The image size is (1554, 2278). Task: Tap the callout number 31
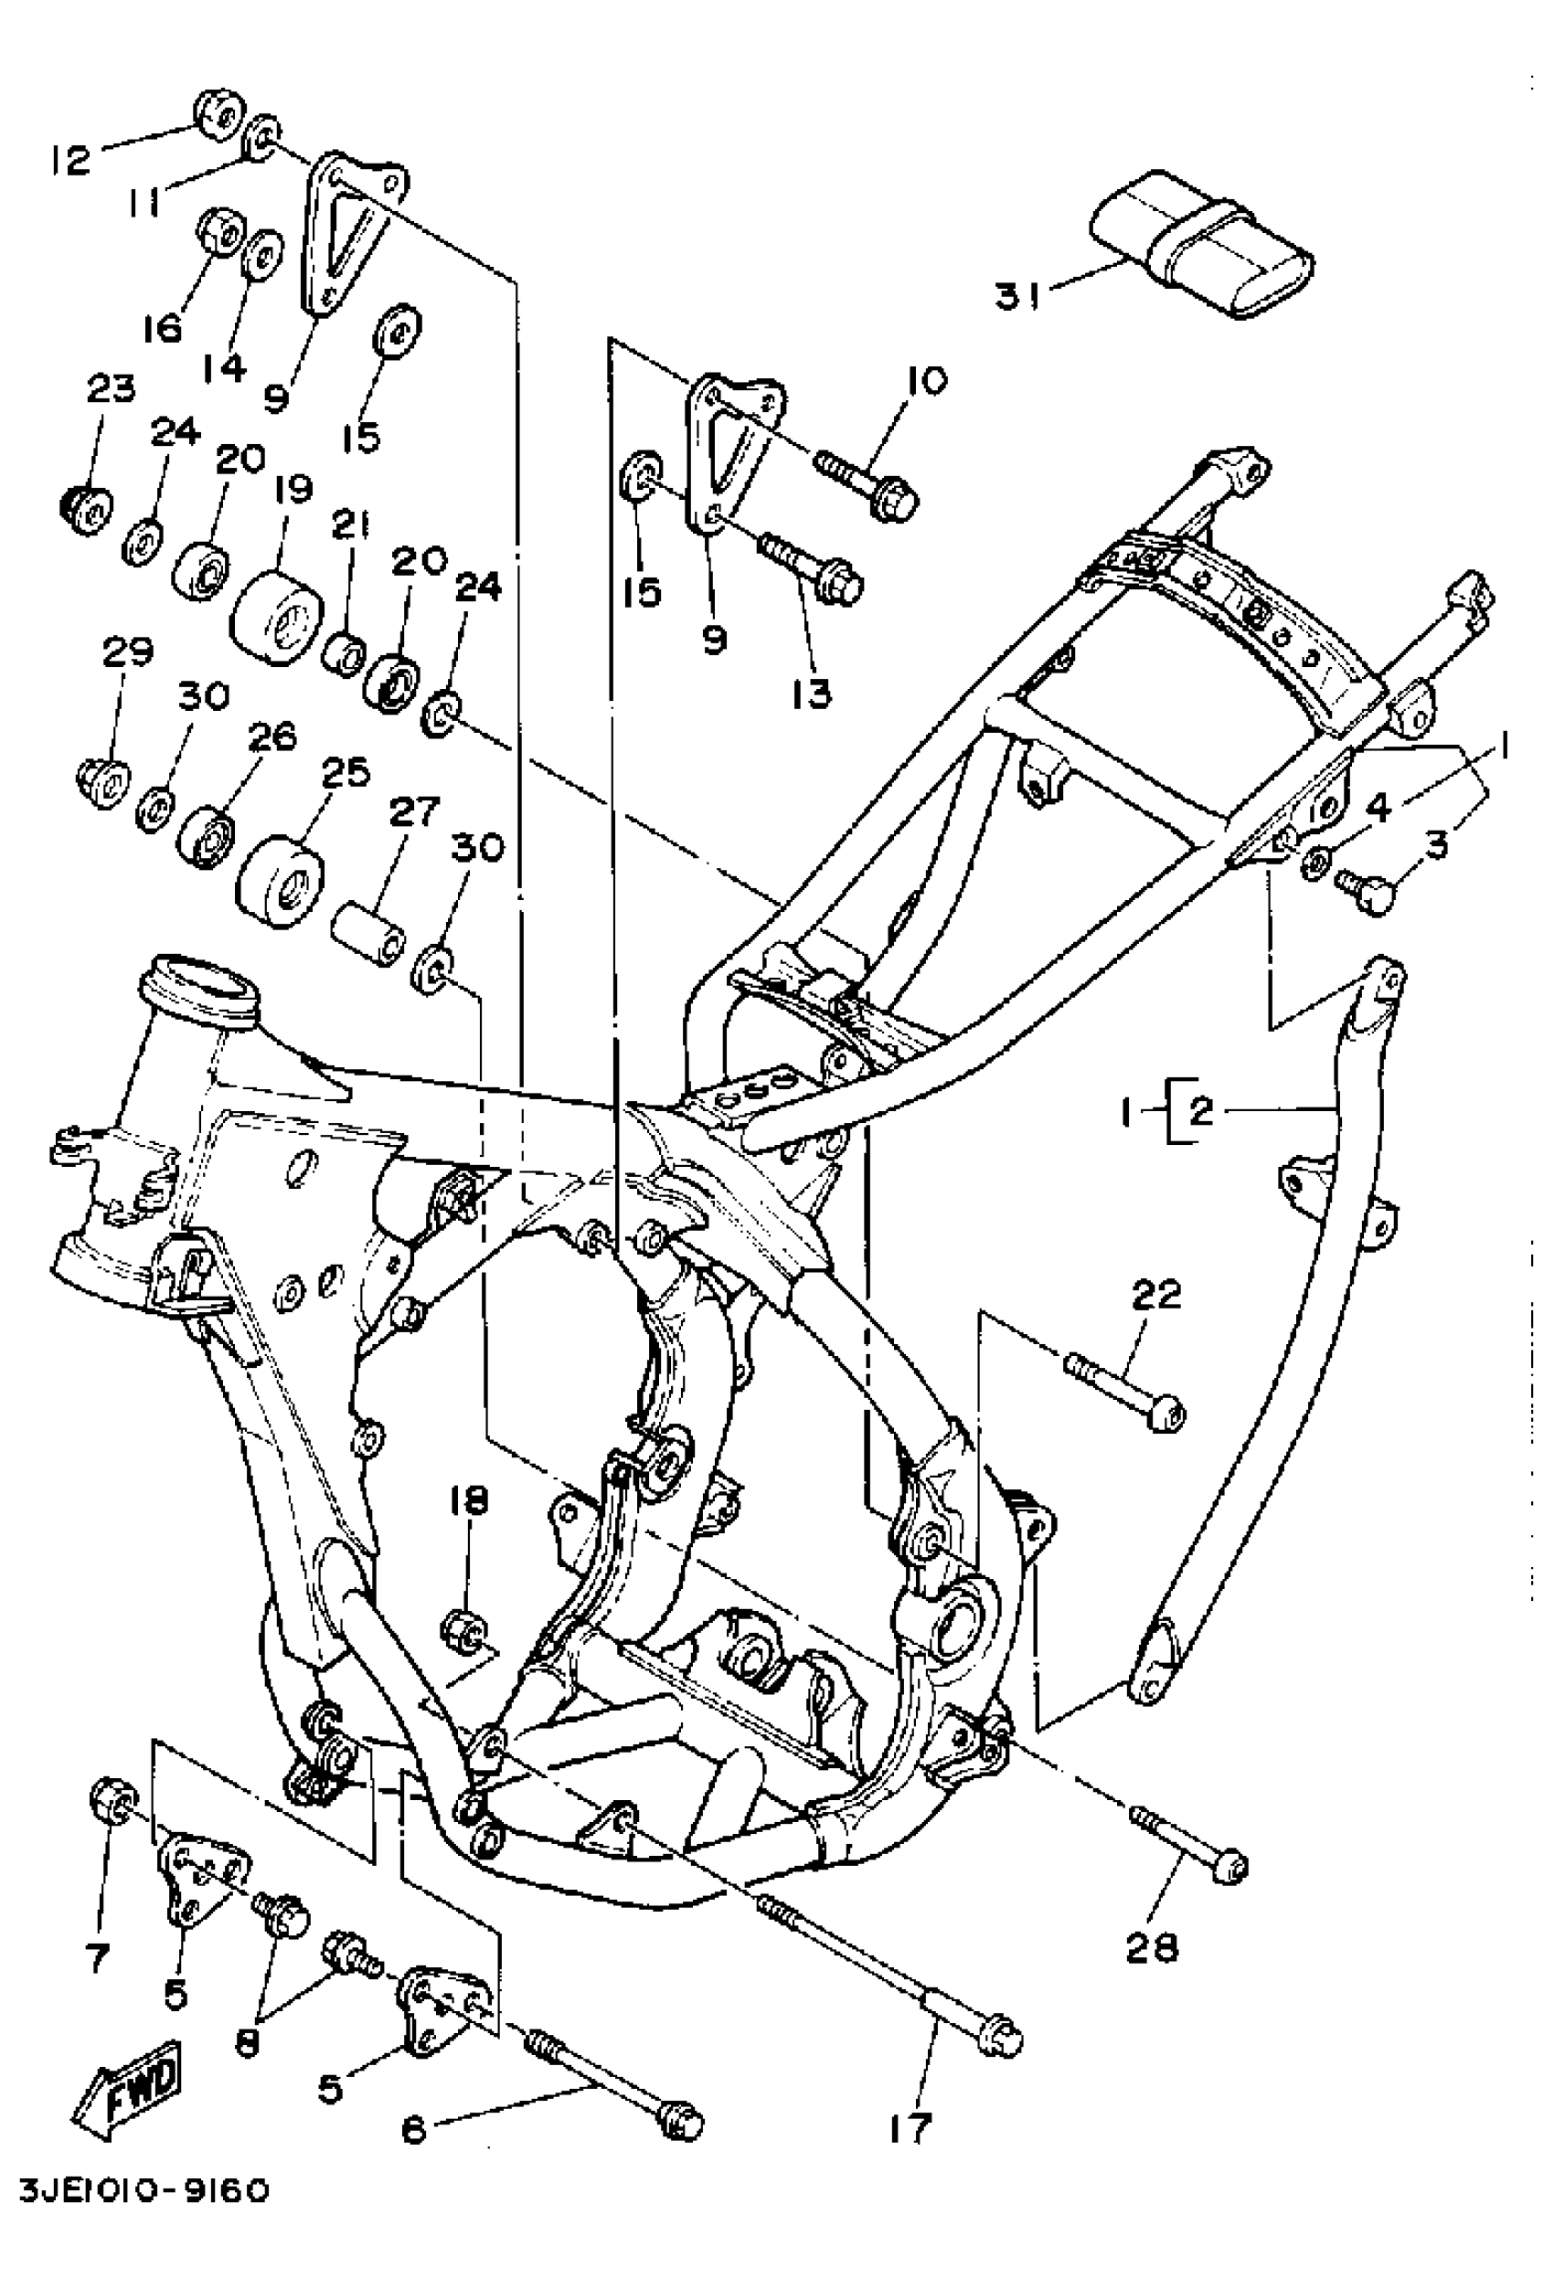[1017, 295]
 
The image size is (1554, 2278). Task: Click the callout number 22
[1157, 1296]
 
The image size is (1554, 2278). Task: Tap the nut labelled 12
[218, 116]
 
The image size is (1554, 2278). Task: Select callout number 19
[293, 489]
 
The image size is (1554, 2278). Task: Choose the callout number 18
[470, 1501]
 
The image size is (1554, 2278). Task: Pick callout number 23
[110, 390]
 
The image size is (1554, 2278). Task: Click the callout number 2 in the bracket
[1202, 1111]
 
